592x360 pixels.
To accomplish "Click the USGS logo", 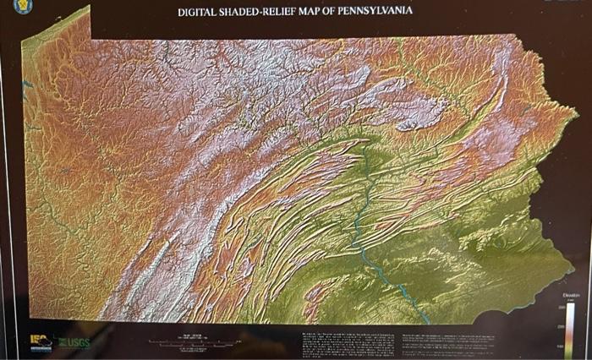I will (x=74, y=341).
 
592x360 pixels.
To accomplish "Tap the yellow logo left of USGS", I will (x=40, y=341).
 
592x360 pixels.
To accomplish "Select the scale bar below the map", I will (x=194, y=342).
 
